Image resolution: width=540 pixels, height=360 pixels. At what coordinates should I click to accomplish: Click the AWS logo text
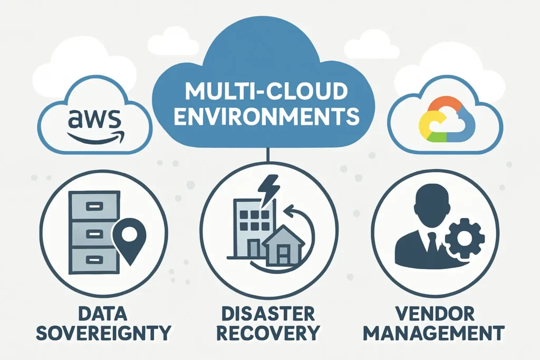tap(95, 119)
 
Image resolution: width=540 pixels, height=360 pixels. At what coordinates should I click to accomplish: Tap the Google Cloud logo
tap(447, 119)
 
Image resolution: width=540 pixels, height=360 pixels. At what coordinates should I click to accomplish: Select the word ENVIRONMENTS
tap(266, 116)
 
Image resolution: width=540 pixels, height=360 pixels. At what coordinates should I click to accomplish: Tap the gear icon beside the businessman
tap(465, 238)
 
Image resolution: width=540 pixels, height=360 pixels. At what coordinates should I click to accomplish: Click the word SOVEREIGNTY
tap(103, 333)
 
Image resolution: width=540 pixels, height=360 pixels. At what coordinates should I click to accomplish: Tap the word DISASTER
tap(268, 314)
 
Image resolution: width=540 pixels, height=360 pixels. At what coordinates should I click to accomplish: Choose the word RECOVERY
tap(268, 333)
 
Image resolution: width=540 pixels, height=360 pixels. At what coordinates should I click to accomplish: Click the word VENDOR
tap(435, 314)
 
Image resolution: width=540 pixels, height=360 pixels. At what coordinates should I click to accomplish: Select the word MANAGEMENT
tap(433, 333)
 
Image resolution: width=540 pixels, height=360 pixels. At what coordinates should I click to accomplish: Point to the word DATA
tap(103, 314)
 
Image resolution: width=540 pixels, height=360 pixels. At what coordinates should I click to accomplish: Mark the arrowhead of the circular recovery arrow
tap(290, 210)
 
